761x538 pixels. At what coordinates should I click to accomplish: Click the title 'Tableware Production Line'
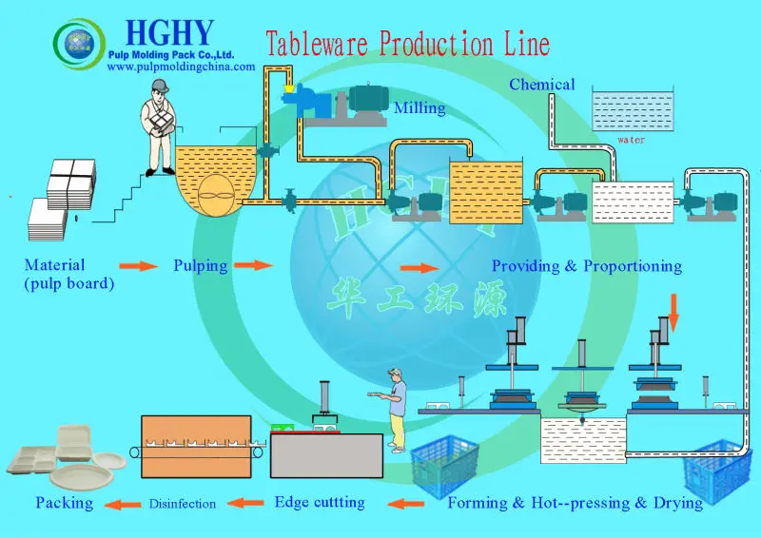(407, 44)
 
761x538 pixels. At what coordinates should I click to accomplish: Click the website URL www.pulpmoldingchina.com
(187, 67)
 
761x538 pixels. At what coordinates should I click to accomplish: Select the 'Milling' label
(420, 108)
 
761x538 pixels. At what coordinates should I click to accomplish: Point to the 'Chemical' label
(541, 85)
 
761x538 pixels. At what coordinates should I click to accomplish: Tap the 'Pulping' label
(200, 265)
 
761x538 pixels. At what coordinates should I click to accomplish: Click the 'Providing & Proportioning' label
(586, 266)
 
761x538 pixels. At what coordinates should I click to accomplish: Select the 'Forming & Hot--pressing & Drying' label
(575, 502)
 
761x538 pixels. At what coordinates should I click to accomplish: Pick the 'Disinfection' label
(182, 503)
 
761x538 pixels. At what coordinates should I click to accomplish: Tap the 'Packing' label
(65, 502)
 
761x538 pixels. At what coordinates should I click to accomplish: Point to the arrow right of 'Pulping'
(253, 266)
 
